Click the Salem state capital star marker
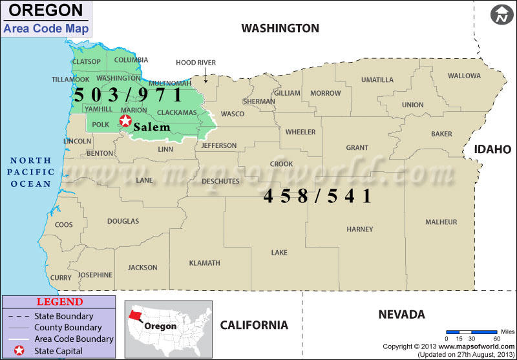tap(125, 120)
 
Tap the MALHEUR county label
tap(441, 222)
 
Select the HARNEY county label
tap(360, 229)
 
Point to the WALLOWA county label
tap(464, 76)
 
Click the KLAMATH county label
tap(204, 263)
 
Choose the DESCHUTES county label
tap(220, 182)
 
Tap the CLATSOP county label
tap(87, 62)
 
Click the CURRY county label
tap(61, 278)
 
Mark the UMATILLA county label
tap(377, 80)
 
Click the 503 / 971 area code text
tap(128, 94)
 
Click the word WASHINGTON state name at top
tap(280, 28)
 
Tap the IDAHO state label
tap(492, 149)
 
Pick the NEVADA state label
tap(401, 315)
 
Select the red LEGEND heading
tap(59, 302)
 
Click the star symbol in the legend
tap(19, 351)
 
